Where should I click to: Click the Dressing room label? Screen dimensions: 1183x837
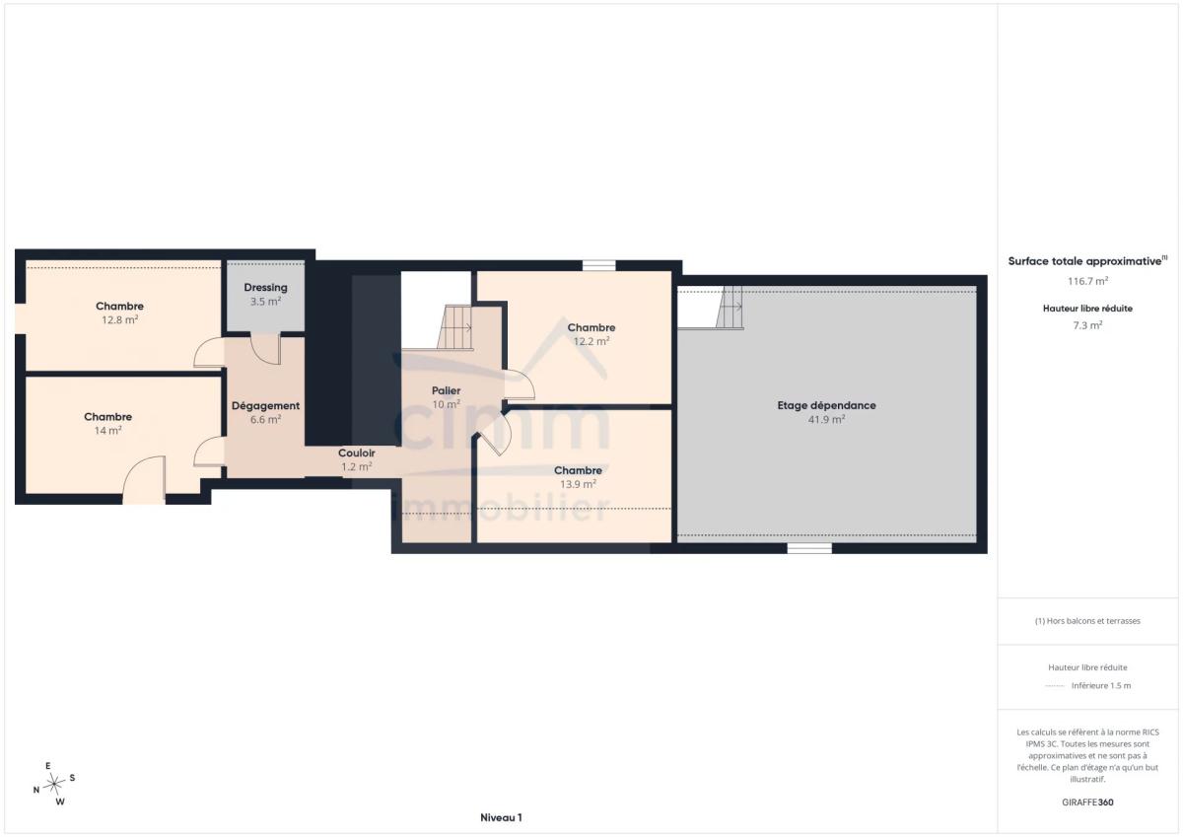pyautogui.click(x=265, y=288)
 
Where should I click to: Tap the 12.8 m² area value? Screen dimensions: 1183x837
pyautogui.click(x=120, y=320)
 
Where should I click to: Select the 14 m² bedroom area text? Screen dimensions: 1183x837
pyautogui.click(x=107, y=431)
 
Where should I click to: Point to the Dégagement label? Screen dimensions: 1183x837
pyautogui.click(x=265, y=406)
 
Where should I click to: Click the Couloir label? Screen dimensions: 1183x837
pyautogui.click(x=357, y=453)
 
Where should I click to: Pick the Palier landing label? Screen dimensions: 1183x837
pyautogui.click(x=446, y=390)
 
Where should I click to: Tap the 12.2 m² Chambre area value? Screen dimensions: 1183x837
pyautogui.click(x=591, y=342)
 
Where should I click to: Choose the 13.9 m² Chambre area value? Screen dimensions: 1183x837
pyautogui.click(x=579, y=484)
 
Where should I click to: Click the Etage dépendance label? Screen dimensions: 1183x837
pyautogui.click(x=826, y=405)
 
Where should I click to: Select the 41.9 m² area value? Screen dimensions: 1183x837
pyautogui.click(x=826, y=420)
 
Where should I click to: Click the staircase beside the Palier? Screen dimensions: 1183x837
pyautogui.click(x=454, y=327)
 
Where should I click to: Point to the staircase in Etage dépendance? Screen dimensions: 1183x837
pyautogui.click(x=730, y=308)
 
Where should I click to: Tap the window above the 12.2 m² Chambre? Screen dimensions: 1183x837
pyautogui.click(x=599, y=265)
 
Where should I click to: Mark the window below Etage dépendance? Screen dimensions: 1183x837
pyautogui.click(x=809, y=549)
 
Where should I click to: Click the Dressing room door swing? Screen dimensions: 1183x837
pyautogui.click(x=265, y=350)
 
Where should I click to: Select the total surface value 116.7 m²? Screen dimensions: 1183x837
pyautogui.click(x=1087, y=281)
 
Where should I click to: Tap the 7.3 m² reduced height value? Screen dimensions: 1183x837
pyautogui.click(x=1087, y=325)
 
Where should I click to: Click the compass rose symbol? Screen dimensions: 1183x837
pyautogui.click(x=54, y=784)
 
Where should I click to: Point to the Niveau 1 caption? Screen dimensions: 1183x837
pyautogui.click(x=501, y=818)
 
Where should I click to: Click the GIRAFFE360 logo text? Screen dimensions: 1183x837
pyautogui.click(x=1087, y=802)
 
